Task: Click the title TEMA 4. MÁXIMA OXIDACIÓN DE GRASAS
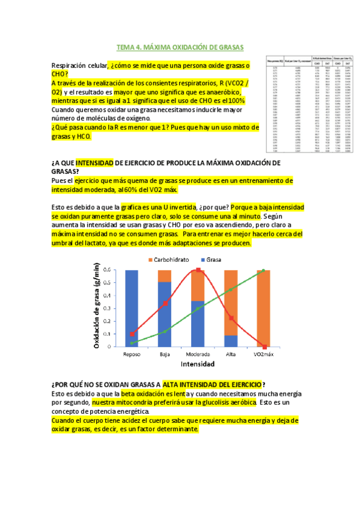pyautogui.click(x=180, y=48)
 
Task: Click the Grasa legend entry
pyautogui.click(x=219, y=260)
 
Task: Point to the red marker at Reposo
pyautogui.click(x=132, y=334)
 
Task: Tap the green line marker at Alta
pyautogui.click(x=231, y=290)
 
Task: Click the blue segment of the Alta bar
pyautogui.click(x=231, y=340)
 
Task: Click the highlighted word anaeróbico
pyautogui.click(x=219, y=92)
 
